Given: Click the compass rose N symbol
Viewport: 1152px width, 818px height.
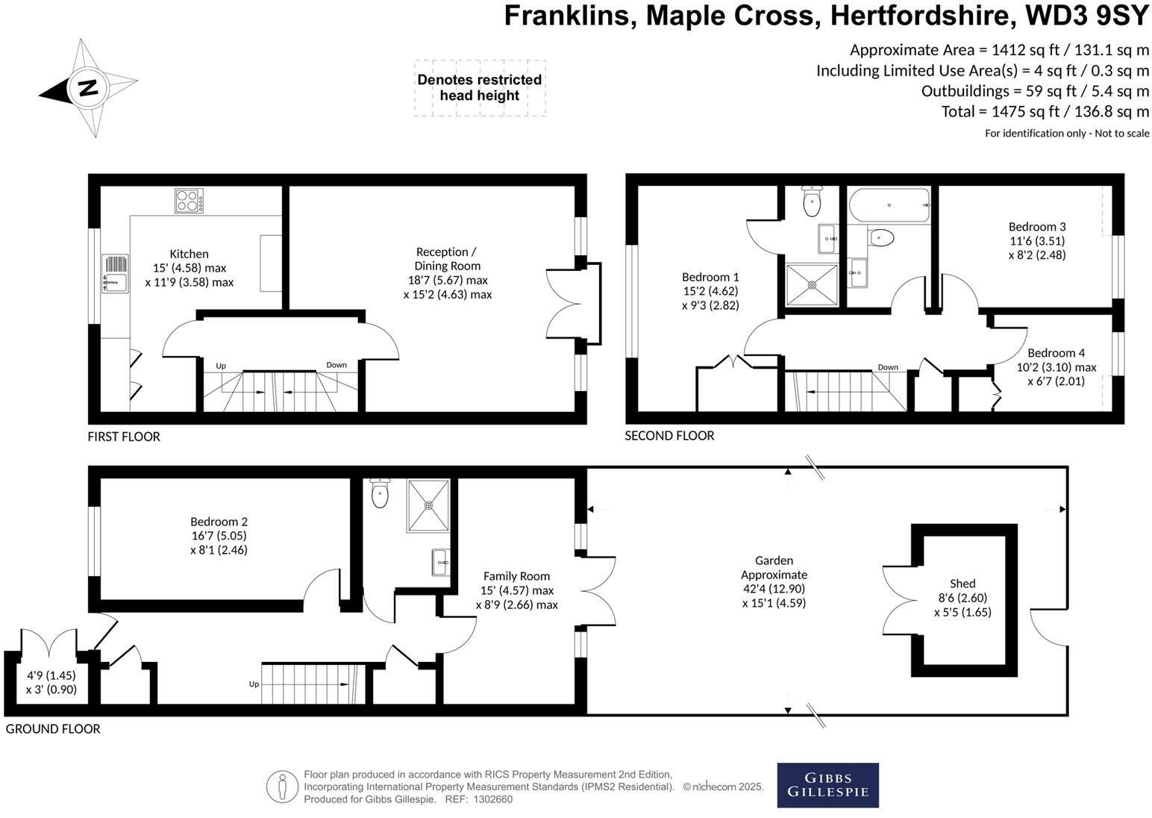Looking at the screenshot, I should (x=88, y=88).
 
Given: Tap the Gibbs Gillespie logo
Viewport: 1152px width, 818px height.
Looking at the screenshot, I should (x=827, y=785).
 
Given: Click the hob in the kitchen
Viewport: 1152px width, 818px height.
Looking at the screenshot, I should (x=190, y=201).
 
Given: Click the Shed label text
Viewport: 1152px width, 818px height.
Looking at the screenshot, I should (x=962, y=584).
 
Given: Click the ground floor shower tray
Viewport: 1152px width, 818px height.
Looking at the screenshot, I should (x=429, y=505).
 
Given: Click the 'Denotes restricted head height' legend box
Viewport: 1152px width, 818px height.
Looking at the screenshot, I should (x=480, y=88).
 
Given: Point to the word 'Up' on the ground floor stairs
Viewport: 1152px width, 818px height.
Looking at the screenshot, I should (x=254, y=684).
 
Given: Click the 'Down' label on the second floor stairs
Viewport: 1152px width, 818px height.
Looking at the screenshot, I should (x=888, y=367).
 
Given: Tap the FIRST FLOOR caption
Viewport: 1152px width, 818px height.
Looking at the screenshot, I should (x=124, y=437).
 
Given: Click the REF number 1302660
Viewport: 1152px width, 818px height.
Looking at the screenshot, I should (x=490, y=799).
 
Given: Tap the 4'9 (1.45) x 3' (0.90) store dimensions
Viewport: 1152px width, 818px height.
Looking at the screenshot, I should (x=51, y=682).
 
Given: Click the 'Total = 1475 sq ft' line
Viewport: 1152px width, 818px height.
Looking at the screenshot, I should (x=1045, y=112).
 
